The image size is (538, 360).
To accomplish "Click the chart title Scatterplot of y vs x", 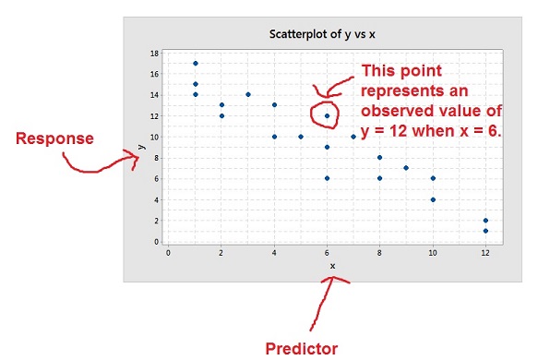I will (328, 35).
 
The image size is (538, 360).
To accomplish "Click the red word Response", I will (54, 138).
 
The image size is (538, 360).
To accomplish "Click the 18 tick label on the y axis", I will (153, 53).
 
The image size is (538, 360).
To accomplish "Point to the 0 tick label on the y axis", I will (155, 241).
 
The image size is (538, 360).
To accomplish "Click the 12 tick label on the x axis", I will (485, 251).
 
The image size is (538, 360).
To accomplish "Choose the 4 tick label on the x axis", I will (274, 251).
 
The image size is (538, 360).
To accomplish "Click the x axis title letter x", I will (332, 266).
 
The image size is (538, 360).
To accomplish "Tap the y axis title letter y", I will (140, 145).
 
